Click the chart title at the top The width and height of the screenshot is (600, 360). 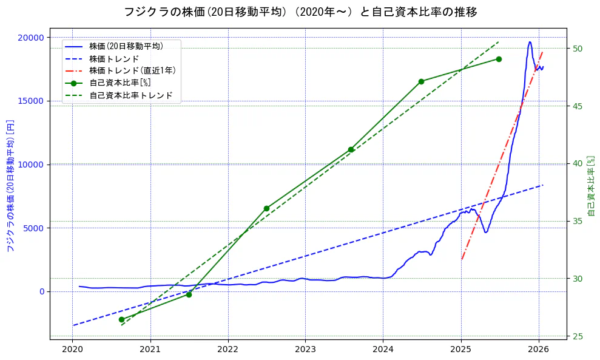[x=300, y=12]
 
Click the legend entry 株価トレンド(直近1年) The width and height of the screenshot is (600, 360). [x=132, y=71]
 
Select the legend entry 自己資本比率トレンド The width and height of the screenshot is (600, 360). [x=130, y=96]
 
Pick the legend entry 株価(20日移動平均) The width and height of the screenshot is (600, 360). [x=126, y=46]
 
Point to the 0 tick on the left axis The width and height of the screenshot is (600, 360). [x=41, y=291]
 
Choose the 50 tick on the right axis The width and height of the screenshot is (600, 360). [x=578, y=49]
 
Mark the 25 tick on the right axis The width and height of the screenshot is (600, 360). [x=578, y=336]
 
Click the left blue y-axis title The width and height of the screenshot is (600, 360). [x=10, y=185]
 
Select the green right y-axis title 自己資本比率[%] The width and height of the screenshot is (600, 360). [x=592, y=185]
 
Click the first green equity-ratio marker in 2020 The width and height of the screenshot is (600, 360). [x=121, y=319]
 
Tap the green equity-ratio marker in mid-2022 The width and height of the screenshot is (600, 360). [x=266, y=208]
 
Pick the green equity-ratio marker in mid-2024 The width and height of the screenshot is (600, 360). [x=421, y=81]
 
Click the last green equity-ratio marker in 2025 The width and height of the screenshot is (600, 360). [x=499, y=59]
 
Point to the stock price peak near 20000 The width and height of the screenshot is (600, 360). [x=530, y=42]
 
